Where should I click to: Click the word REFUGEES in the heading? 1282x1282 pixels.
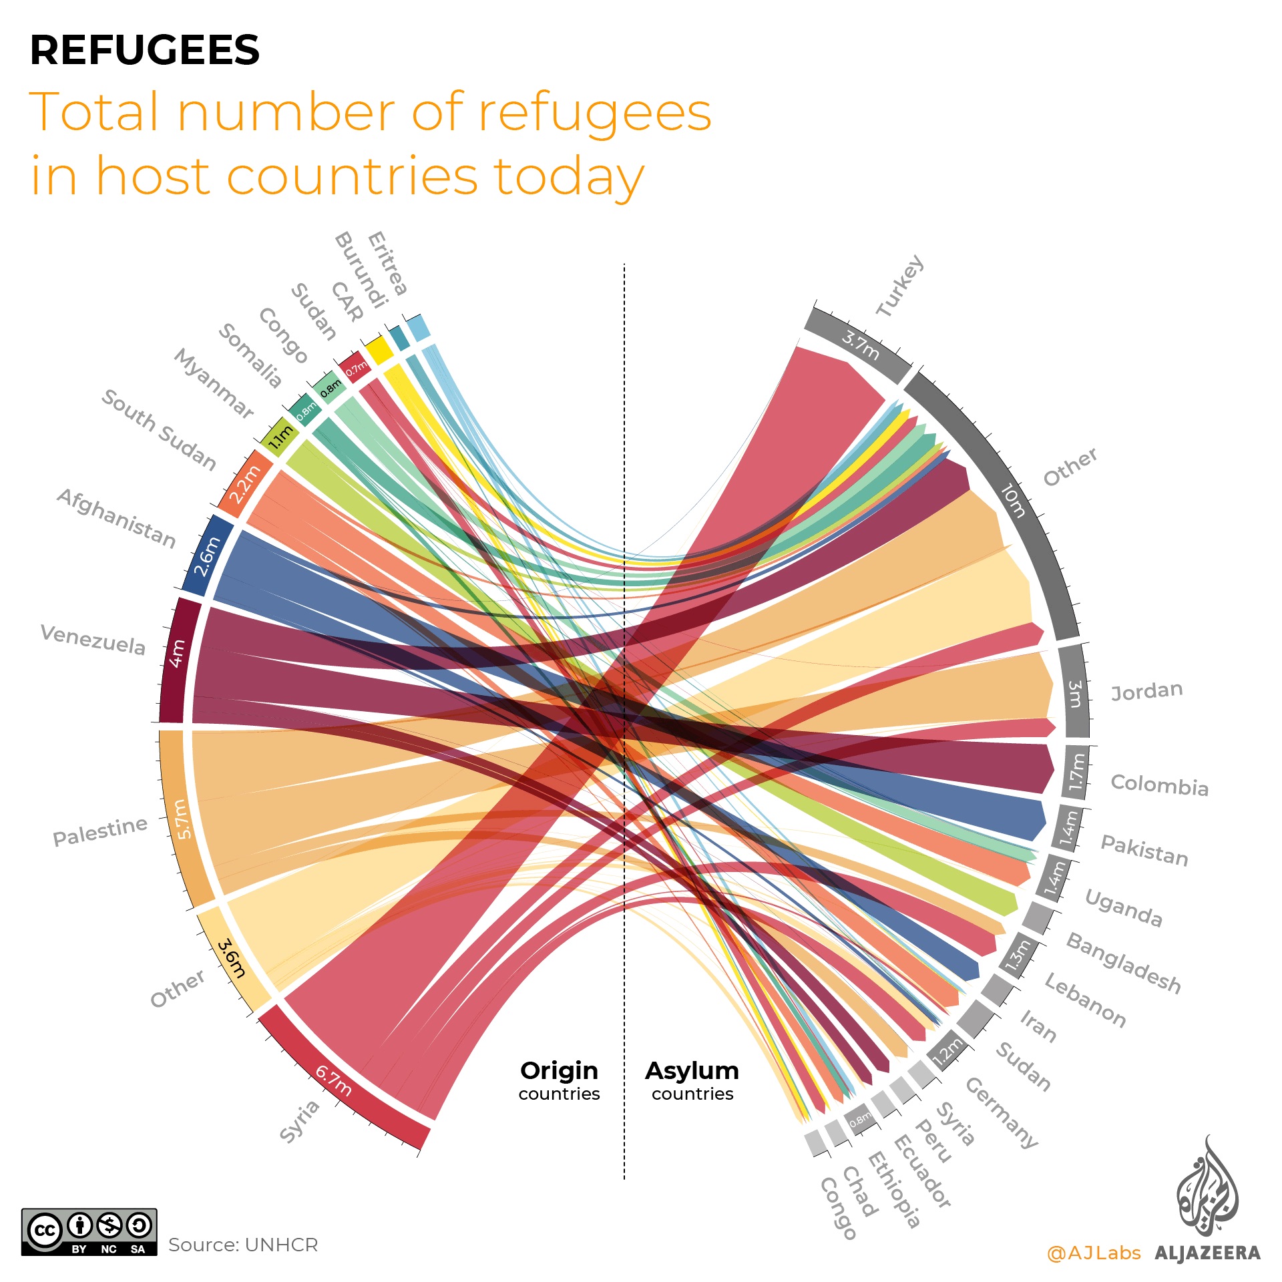coord(144,51)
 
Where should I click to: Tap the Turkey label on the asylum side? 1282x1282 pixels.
coord(900,286)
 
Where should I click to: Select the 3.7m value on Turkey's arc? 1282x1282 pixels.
coord(860,345)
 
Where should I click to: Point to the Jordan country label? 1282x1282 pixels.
coord(1146,690)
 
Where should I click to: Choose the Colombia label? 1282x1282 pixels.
coord(1159,785)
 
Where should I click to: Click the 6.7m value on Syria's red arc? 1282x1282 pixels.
coord(334,1080)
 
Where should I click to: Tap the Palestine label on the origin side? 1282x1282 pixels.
coord(100,831)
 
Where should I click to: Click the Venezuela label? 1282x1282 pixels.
coord(93,640)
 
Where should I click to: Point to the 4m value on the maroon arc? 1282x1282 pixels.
coord(177,653)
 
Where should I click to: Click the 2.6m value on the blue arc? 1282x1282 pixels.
coord(207,556)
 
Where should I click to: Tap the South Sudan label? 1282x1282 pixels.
coord(159,429)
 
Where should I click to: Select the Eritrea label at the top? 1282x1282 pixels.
coord(387,262)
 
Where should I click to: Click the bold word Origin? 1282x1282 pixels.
coord(559,1070)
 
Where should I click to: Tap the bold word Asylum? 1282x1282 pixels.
coord(692,1070)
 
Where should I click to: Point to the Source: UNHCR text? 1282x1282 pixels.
coord(243,1245)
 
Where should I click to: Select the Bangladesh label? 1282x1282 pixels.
coord(1123,963)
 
